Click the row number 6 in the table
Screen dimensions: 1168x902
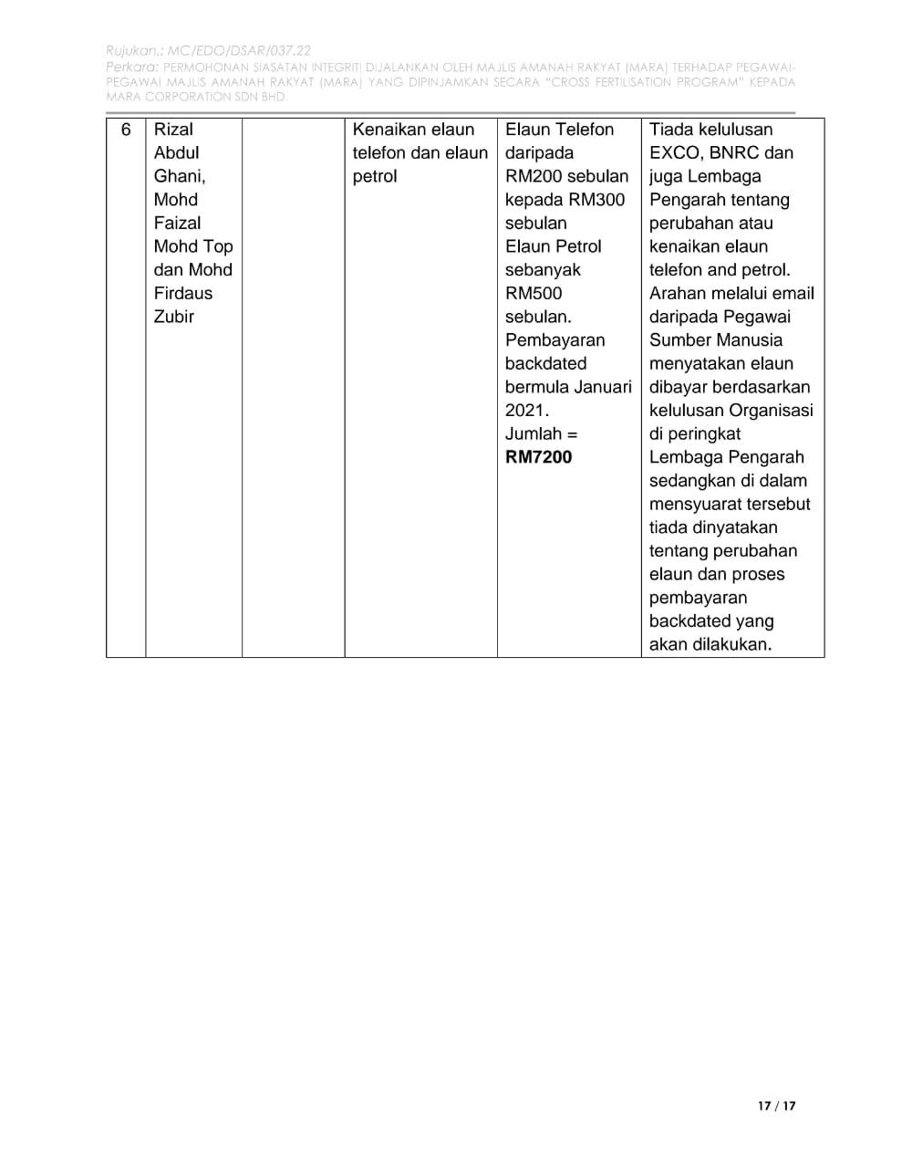[126, 130]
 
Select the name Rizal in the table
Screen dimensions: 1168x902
[173, 130]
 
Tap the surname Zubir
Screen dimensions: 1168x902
[173, 317]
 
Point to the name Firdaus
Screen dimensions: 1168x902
[182, 293]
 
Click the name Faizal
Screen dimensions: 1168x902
[177, 223]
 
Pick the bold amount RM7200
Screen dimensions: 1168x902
[538, 457]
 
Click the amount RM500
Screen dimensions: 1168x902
[534, 293]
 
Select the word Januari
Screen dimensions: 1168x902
[602, 387]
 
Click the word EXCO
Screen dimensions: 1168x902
[674, 152]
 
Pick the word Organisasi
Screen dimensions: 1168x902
[771, 411]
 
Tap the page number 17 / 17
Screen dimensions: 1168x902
[776, 1106]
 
